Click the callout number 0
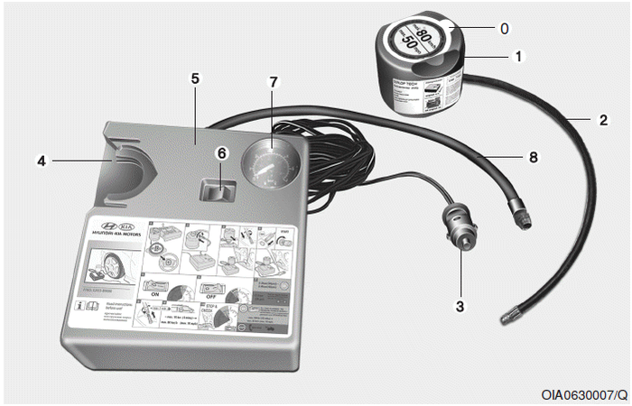pyautogui.click(x=504, y=28)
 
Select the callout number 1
pyautogui.click(x=518, y=56)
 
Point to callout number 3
pyautogui.click(x=460, y=306)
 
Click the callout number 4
pyautogui.click(x=41, y=161)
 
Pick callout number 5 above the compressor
pyautogui.click(x=194, y=78)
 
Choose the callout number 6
pyautogui.click(x=220, y=153)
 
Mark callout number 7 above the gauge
pyautogui.click(x=274, y=82)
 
